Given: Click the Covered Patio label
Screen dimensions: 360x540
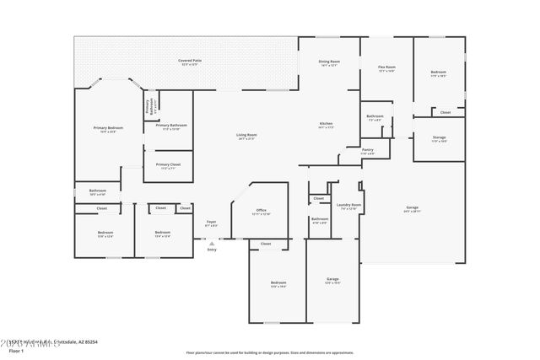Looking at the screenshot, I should pyautogui.click(x=189, y=61).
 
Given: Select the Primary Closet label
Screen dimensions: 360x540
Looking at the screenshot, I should pyautogui.click(x=169, y=164).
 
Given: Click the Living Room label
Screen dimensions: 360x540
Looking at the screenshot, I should pyautogui.click(x=246, y=135).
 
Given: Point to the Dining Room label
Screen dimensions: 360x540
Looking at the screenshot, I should pyautogui.click(x=329, y=62).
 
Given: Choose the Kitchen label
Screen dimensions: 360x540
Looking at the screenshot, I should pyautogui.click(x=327, y=124).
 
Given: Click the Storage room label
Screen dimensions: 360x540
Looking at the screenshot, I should pyautogui.click(x=439, y=137).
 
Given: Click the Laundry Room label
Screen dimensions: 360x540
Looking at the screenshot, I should pyautogui.click(x=350, y=205).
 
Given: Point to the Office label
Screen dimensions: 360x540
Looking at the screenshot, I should pyautogui.click(x=261, y=211).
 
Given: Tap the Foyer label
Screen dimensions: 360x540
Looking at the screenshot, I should pyautogui.click(x=211, y=222).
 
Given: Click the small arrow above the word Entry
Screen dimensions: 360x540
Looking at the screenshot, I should pyautogui.click(x=211, y=242).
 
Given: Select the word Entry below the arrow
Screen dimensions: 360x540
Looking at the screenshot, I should pyautogui.click(x=211, y=249).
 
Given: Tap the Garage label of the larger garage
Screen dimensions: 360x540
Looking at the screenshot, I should pyautogui.click(x=412, y=207).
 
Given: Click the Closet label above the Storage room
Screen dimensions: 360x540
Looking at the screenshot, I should pyautogui.click(x=445, y=111).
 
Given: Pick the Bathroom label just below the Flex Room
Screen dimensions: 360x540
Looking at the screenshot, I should pyautogui.click(x=375, y=116).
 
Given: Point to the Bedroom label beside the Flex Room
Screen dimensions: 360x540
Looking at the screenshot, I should pyautogui.click(x=439, y=73).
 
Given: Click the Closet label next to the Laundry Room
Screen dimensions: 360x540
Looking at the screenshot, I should pyautogui.click(x=318, y=199).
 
